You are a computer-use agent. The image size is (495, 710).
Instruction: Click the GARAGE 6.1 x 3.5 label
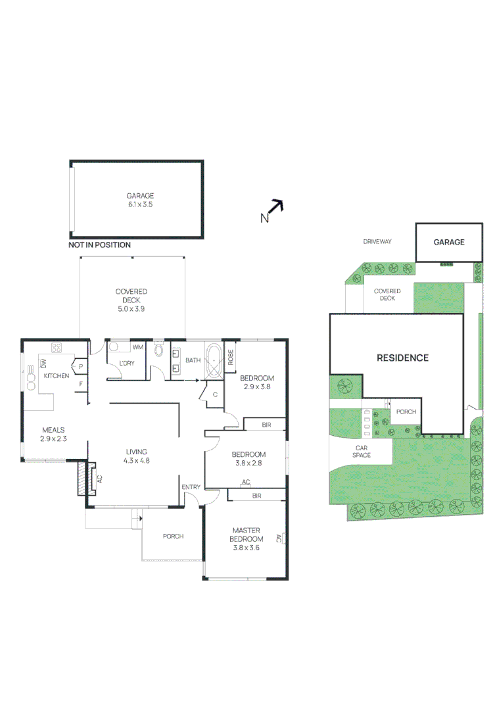click(141, 200)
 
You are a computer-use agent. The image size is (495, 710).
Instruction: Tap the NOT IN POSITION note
click(99, 245)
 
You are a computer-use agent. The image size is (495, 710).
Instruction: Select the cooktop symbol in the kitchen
click(57, 348)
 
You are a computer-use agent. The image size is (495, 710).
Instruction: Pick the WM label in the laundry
click(138, 346)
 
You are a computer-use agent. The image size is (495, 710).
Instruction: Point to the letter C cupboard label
click(215, 394)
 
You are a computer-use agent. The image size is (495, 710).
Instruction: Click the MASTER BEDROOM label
click(247, 534)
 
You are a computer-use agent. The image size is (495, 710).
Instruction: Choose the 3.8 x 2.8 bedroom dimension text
click(248, 463)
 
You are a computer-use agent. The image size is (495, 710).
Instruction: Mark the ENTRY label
click(191, 486)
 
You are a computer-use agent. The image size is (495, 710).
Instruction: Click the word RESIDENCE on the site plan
click(402, 358)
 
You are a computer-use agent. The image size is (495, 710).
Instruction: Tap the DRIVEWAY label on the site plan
click(377, 241)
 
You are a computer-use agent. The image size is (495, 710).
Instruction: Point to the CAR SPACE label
click(361, 451)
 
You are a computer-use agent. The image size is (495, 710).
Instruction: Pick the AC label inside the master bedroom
click(279, 538)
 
